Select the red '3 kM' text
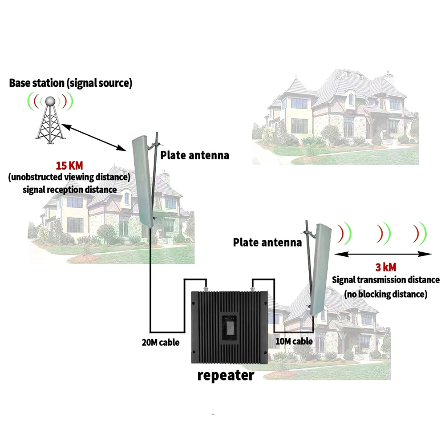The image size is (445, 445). pyautogui.click(x=385, y=267)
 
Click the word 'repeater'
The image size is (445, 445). pyautogui.click(x=226, y=375)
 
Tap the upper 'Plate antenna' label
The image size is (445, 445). pyautogui.click(x=194, y=155)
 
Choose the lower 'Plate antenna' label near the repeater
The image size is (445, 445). pyautogui.click(x=267, y=243)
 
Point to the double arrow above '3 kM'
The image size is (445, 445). pyautogui.click(x=383, y=254)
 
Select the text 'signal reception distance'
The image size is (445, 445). pyautogui.click(x=69, y=190)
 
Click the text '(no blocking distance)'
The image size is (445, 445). pyautogui.click(x=386, y=294)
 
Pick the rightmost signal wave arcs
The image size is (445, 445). pyautogui.click(x=419, y=233)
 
